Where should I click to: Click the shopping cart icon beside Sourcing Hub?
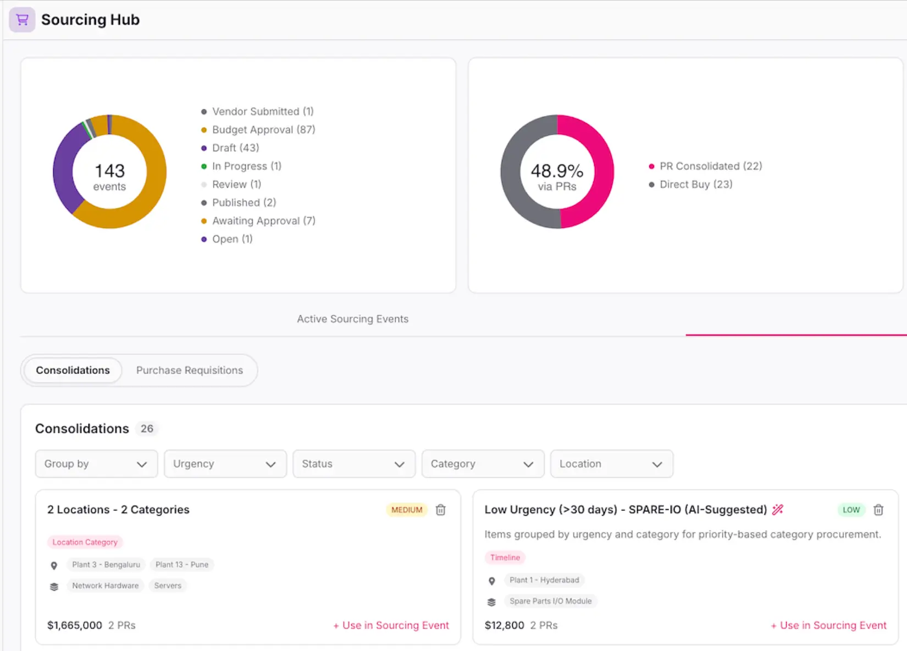(23, 19)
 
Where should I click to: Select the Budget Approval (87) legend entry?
(258, 130)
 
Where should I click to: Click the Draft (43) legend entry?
(230, 148)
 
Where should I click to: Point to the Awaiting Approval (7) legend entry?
(258, 221)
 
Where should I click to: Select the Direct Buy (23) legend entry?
(690, 184)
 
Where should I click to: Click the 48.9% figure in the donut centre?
(557, 171)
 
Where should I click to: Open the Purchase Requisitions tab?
(190, 370)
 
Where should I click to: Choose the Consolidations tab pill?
(73, 370)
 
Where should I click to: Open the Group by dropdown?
(96, 464)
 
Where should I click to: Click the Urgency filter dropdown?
(225, 464)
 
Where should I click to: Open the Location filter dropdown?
(611, 464)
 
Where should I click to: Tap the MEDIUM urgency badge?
(407, 510)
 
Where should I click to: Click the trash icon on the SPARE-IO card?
(878, 510)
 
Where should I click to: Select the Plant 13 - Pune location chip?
(182, 564)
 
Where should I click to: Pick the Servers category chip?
(168, 586)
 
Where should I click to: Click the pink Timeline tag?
(505, 558)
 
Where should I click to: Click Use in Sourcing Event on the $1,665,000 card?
(391, 625)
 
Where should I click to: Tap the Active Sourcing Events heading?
(353, 319)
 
